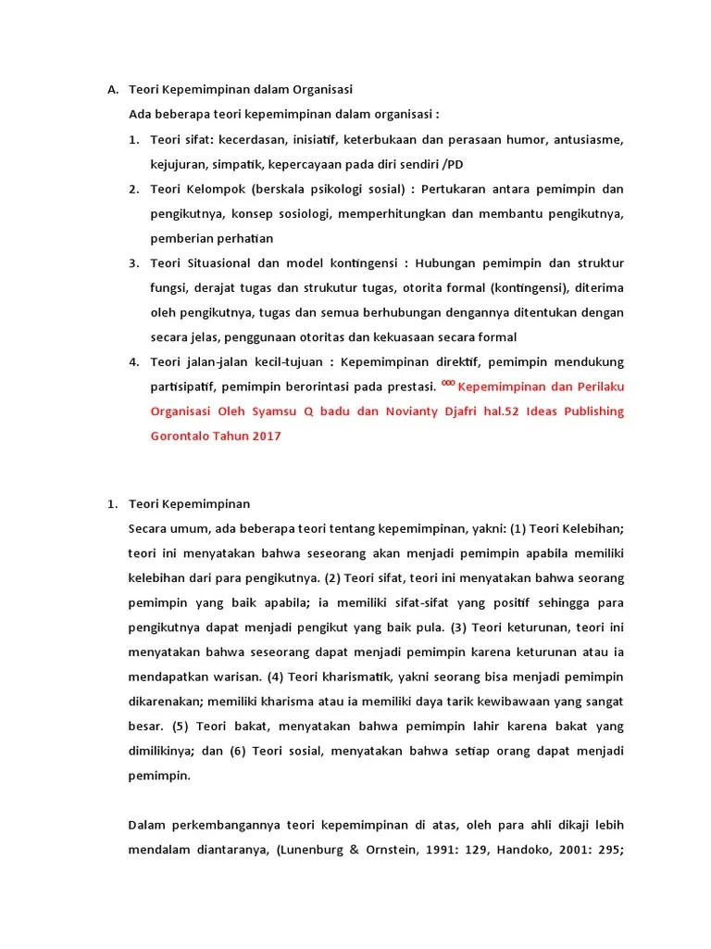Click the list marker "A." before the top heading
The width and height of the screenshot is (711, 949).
113,90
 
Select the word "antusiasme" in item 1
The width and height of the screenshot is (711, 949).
591,140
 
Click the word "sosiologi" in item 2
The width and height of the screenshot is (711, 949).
332,214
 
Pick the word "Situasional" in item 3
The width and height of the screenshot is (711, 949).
221,262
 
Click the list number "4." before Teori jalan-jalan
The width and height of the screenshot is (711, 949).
134,361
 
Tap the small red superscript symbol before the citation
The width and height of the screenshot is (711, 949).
448,381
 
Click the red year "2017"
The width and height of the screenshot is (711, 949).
264,435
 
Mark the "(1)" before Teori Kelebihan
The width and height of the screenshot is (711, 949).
518,529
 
